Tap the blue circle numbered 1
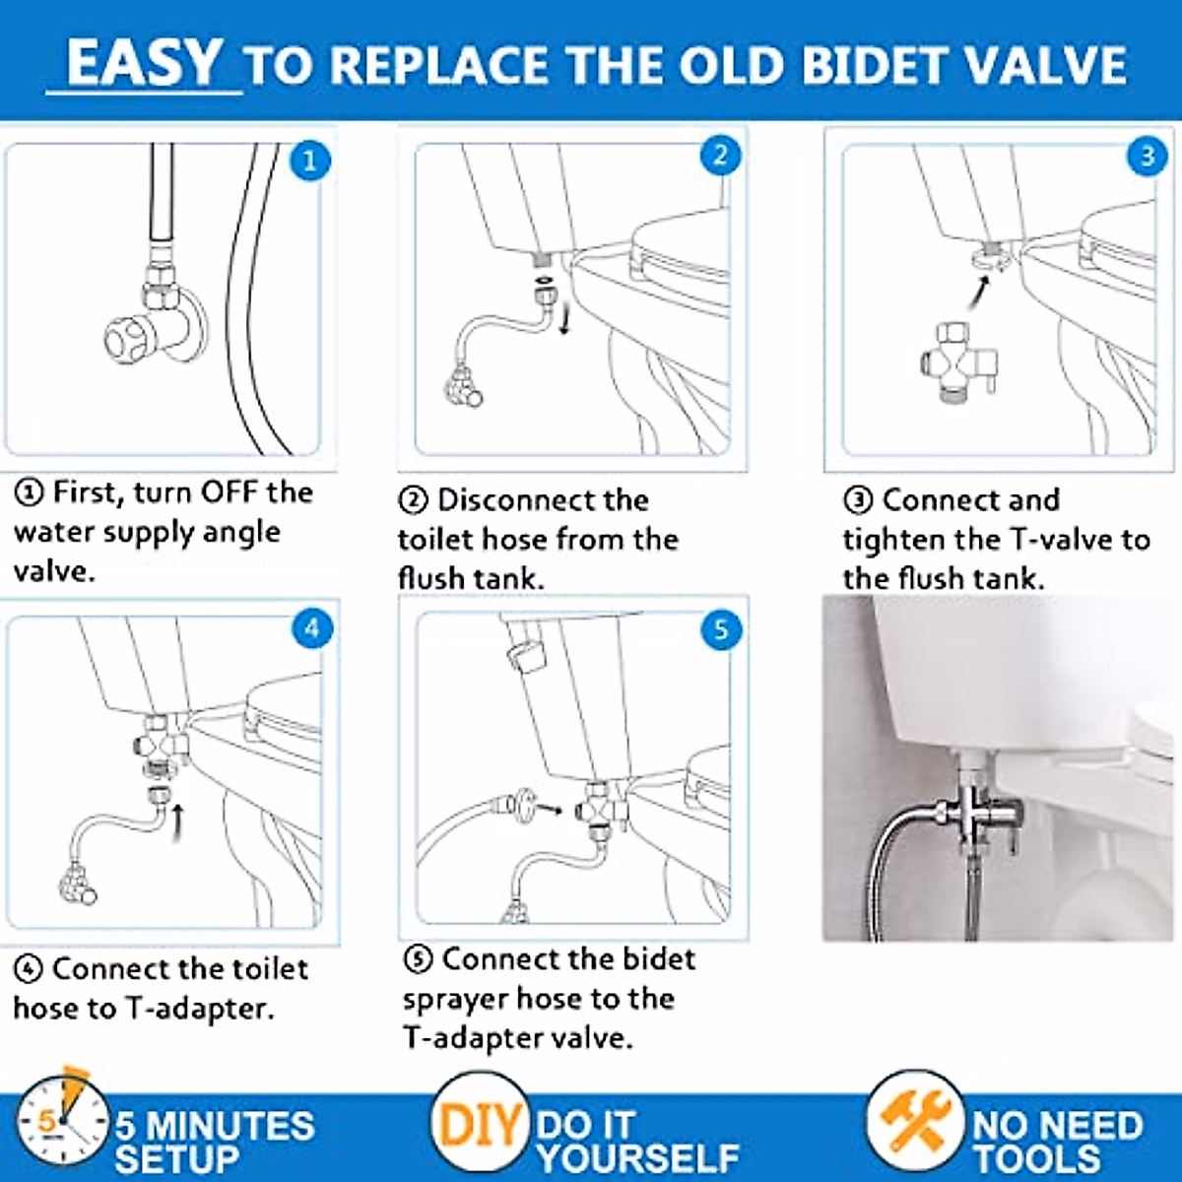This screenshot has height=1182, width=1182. click(309, 161)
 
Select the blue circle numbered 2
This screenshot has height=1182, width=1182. click(720, 156)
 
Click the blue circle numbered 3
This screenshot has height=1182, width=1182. click(1147, 156)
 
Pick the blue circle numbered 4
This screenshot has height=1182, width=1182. click(312, 628)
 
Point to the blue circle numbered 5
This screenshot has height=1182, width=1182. click(720, 630)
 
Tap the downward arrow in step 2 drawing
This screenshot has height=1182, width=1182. click(564, 320)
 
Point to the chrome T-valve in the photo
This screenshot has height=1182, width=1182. click(974, 812)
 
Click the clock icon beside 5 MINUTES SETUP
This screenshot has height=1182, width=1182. click(61, 1124)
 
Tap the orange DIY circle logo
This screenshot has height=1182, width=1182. click(479, 1124)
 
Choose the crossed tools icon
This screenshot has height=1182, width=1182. click(915, 1124)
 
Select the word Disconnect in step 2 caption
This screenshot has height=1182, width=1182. click(543, 499)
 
